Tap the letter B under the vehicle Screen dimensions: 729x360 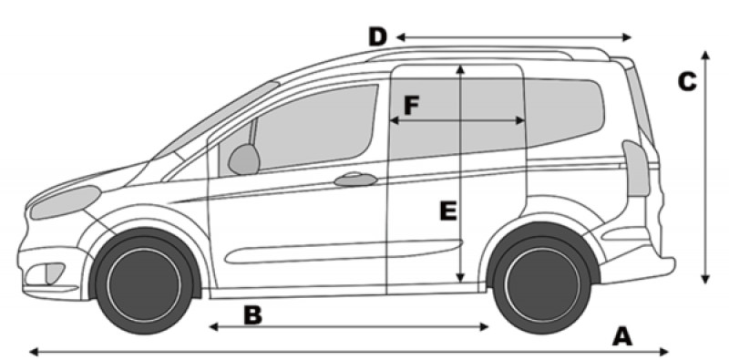(x=252, y=315)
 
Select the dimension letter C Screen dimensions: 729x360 (x=688, y=82)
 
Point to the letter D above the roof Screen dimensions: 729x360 (x=377, y=37)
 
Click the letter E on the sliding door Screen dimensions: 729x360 (x=447, y=211)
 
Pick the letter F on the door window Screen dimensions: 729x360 (x=411, y=106)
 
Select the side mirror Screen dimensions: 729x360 (x=243, y=159)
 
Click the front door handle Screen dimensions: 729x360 (x=355, y=180)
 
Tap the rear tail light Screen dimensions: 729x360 (x=635, y=165)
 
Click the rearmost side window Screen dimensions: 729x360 (x=565, y=109)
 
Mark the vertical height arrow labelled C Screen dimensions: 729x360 (x=706, y=182)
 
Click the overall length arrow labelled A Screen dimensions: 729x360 (x=346, y=350)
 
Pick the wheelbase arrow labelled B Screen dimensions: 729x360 (x=364, y=326)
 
